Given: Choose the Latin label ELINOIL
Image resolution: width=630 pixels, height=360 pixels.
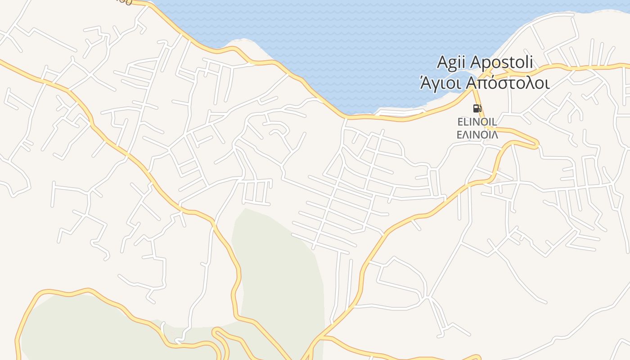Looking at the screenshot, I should click(477, 122).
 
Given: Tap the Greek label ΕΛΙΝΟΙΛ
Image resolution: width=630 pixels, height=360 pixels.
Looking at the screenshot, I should click(477, 135).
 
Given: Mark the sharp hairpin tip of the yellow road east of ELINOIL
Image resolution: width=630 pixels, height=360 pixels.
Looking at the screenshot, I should click(537, 145).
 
